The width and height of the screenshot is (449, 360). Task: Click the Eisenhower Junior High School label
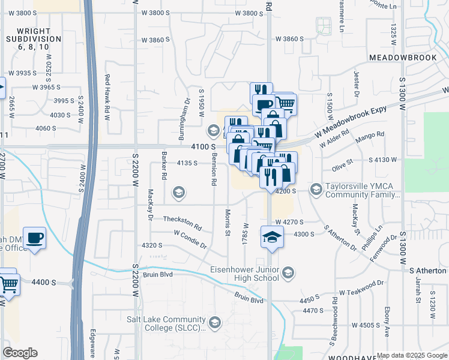pos(246,273)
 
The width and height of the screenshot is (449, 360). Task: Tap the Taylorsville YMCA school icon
pos(316,190)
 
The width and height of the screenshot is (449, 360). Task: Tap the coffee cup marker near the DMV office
pos(34,239)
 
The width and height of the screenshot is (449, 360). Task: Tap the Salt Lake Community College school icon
pos(214,323)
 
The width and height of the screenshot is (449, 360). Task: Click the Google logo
pos(20,353)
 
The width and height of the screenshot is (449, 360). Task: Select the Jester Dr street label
pos(356,85)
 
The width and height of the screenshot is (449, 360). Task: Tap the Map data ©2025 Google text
pos(412,355)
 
